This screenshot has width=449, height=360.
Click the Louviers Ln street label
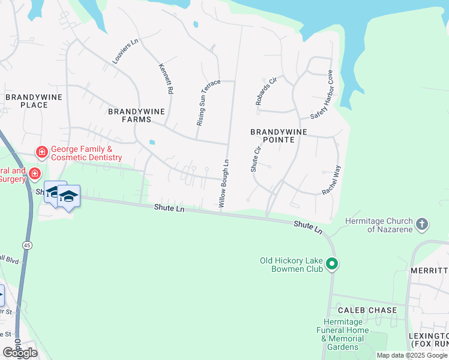pos(125,52)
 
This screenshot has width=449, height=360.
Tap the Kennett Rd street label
pos(166,79)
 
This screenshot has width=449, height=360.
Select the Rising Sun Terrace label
pos(209,102)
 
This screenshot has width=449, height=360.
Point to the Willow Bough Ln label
pos(224,183)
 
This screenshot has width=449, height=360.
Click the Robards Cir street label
pos(266,91)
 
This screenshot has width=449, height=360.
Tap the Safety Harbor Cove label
pos(321,95)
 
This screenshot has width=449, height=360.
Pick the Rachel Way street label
pos(331,180)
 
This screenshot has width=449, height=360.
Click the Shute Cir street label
pos(255,158)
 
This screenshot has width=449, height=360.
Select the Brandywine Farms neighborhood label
pos(137,115)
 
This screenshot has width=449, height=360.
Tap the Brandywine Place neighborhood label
pos(26,101)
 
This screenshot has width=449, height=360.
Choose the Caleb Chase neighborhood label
pos(367,310)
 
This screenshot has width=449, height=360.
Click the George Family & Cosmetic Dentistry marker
pos(42,152)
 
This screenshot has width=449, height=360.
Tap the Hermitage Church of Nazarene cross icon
pos(422,224)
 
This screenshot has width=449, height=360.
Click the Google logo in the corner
pos(20,352)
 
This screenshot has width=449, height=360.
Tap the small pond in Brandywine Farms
pos(152,143)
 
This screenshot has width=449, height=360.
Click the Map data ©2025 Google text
pos(412,355)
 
